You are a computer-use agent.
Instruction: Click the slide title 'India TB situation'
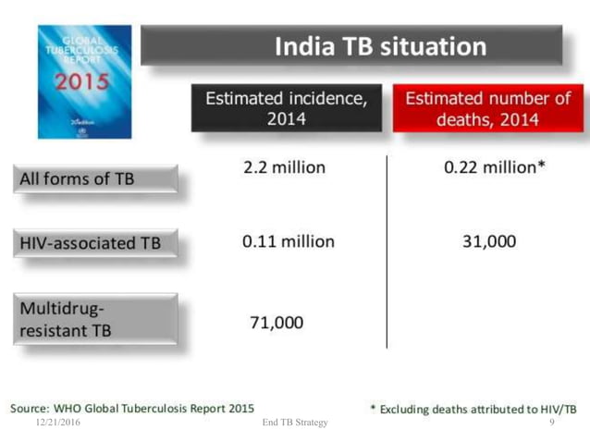[379, 46]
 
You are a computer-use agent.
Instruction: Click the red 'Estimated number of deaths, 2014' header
[487, 108]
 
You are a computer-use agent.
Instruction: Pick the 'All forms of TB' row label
[94, 178]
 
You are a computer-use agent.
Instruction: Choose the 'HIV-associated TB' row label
[94, 243]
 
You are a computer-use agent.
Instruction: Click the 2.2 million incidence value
[284, 167]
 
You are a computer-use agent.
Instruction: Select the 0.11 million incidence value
[288, 241]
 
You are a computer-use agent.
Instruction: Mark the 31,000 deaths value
[489, 241]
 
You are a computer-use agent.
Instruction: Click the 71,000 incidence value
[277, 322]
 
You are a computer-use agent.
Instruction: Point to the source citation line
[132, 408]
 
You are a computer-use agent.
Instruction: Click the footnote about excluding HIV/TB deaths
[473, 409]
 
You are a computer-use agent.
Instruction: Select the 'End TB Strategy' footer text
[295, 423]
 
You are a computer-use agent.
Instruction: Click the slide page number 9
[551, 422]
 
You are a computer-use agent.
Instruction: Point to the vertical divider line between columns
[387, 250]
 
